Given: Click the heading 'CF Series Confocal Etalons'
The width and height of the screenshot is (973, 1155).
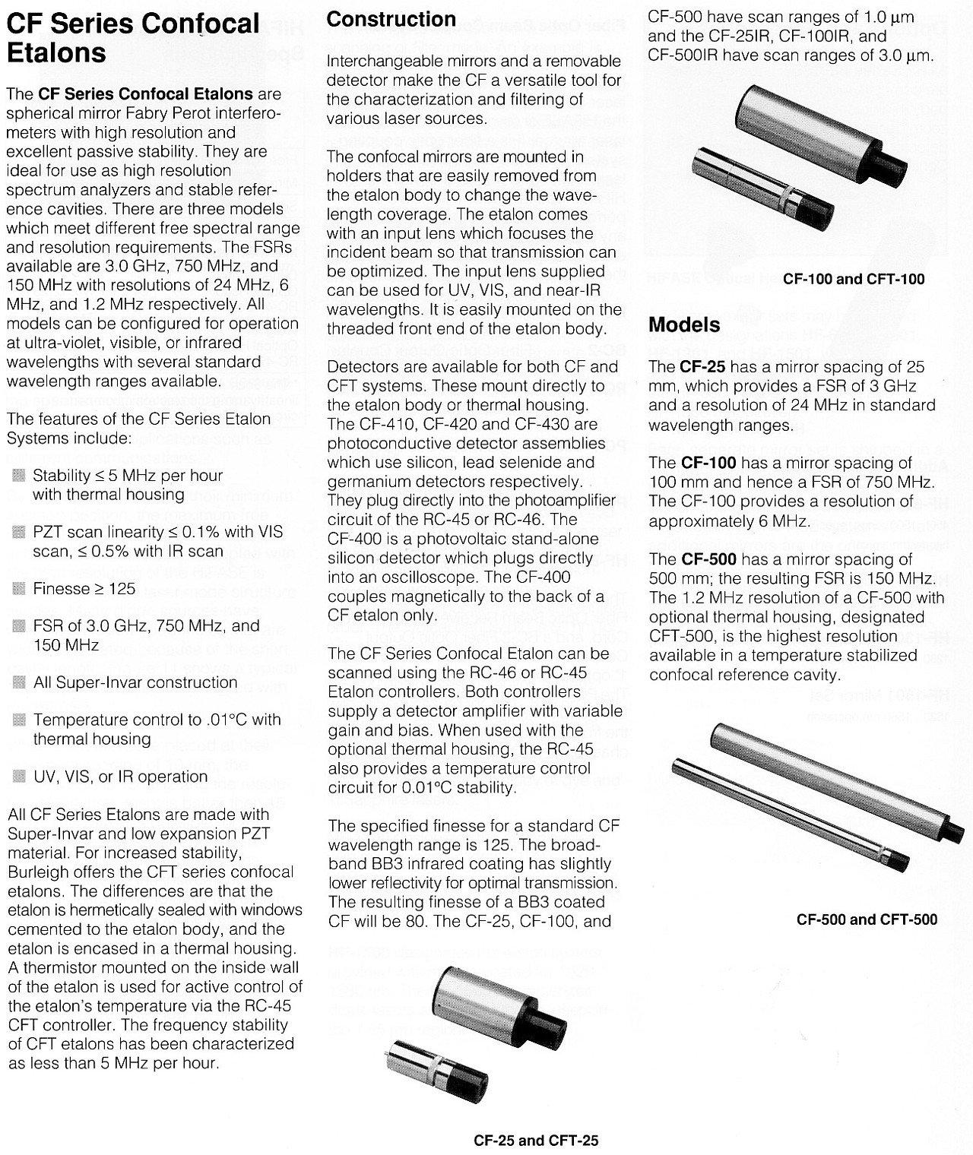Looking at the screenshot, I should (x=133, y=38).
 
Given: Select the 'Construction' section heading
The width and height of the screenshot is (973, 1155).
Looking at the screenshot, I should (x=391, y=20).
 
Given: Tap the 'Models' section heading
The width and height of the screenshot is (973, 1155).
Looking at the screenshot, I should (x=684, y=325).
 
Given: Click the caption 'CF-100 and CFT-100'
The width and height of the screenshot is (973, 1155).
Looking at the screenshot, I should (x=854, y=279).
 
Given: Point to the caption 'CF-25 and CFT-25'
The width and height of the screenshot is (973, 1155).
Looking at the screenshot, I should (x=536, y=1140).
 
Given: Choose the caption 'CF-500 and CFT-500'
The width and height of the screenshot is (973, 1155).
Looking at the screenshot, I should (x=867, y=919).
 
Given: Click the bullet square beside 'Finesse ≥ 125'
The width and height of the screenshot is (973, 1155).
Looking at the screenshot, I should (x=19, y=589).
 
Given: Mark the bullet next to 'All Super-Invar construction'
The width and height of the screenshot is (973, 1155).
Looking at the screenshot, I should (x=19, y=682).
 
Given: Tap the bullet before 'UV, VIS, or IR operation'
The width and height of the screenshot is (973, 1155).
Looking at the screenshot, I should (x=19, y=777).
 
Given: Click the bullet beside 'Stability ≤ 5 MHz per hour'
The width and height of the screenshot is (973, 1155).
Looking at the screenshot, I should (x=19, y=476).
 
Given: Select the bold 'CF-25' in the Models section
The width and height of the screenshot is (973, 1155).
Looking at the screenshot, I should (x=698, y=367).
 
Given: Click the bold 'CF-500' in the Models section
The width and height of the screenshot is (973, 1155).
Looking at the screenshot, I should (x=708, y=559).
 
